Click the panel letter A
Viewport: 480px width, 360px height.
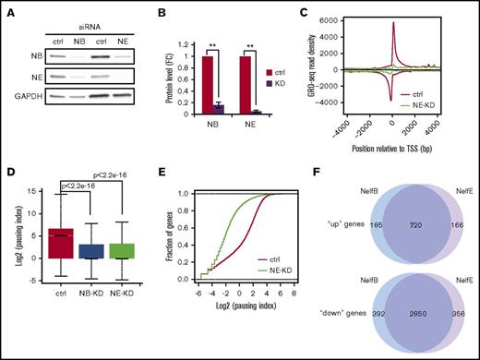click(x=9, y=12)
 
